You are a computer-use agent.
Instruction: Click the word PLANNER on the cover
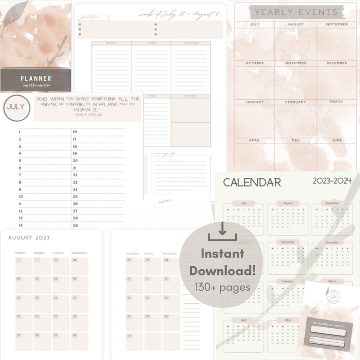[36, 78]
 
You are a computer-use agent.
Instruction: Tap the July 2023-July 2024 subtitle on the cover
[36, 85]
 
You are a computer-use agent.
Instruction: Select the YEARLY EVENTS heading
[297, 12]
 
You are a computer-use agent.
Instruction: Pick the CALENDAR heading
[252, 182]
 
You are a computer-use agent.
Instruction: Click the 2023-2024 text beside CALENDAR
[332, 181]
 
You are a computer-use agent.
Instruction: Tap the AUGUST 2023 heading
[29, 238]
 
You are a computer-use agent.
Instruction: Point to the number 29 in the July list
[75, 225]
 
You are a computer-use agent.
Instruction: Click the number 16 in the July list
[75, 132]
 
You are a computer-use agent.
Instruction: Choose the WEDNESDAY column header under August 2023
[79, 253]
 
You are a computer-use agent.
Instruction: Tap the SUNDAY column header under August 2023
[21, 253]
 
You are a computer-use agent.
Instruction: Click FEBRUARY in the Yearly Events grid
[296, 102]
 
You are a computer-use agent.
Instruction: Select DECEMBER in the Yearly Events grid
[336, 63]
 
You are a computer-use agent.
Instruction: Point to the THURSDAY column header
[132, 253]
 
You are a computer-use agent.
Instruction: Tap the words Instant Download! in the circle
[222, 263]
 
